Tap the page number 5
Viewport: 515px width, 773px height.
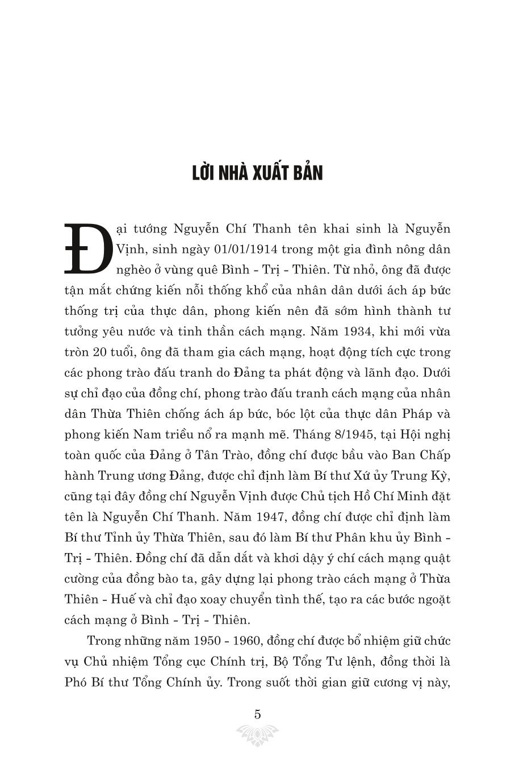[257, 714]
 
